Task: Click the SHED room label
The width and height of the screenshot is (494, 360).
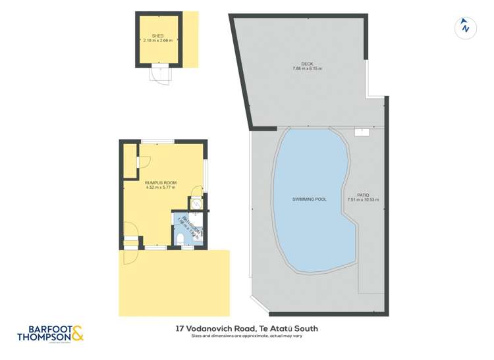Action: coord(157,36)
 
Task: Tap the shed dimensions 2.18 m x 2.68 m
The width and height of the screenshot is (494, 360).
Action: coord(157,41)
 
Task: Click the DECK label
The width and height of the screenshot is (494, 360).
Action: coord(307,64)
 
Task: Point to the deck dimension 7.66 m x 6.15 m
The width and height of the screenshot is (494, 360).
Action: coord(307,69)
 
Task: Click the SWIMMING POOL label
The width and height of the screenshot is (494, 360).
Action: coord(309,199)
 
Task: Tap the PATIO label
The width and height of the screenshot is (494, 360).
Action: coord(363,195)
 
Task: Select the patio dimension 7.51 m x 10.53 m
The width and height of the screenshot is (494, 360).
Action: coord(363,200)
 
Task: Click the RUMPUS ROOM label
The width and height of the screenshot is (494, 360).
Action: coord(160,183)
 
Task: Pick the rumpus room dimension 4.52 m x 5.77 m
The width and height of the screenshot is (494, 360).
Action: coord(160,188)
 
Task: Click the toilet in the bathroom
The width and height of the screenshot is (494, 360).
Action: coord(180,238)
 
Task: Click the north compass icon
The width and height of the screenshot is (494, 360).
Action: coord(465,27)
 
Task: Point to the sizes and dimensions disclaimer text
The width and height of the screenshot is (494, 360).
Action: coord(247,336)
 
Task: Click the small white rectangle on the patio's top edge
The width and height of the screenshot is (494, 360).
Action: coord(361,132)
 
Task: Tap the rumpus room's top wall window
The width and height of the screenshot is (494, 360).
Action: coord(157,141)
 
